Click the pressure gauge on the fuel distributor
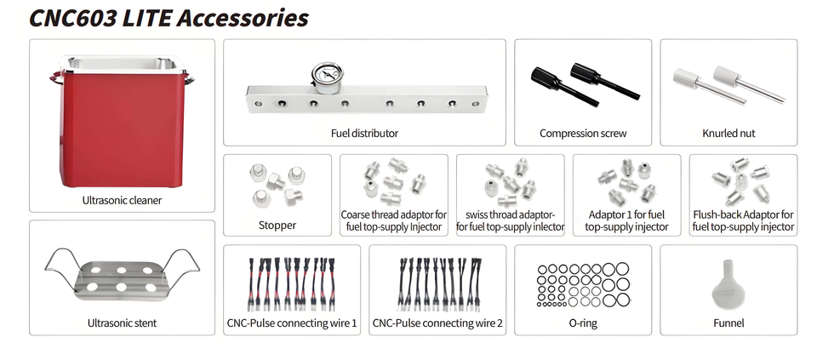(x=324, y=77)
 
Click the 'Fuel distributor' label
(x=364, y=134)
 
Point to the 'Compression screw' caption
(x=583, y=134)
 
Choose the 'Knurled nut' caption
(x=728, y=134)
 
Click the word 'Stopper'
(x=277, y=226)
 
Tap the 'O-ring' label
(x=583, y=323)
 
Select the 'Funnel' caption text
(x=728, y=323)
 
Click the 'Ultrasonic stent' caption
(x=122, y=323)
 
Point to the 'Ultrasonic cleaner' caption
(x=122, y=200)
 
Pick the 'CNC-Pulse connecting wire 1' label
(x=292, y=323)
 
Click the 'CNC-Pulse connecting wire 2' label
(x=437, y=323)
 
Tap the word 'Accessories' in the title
(x=243, y=18)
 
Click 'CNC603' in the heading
(x=73, y=18)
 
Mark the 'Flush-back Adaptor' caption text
(x=744, y=214)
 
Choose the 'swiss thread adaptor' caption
(x=510, y=214)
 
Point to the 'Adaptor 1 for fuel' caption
(x=627, y=214)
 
